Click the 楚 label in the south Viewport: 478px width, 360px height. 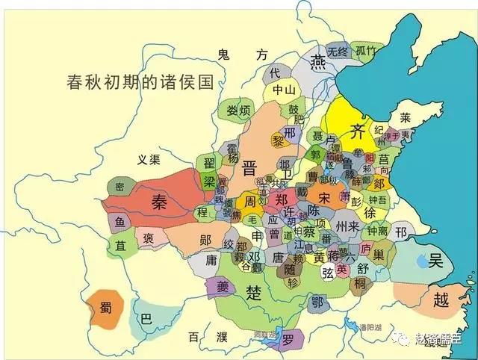point(255,293)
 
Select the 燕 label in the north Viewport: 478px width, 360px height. point(320,61)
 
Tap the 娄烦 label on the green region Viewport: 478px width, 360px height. point(238,111)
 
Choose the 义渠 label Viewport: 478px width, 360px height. point(149,159)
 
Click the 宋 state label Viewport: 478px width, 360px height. point(324,199)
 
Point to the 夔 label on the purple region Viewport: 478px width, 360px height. point(220,288)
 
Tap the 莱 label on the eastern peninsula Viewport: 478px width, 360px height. point(405,118)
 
